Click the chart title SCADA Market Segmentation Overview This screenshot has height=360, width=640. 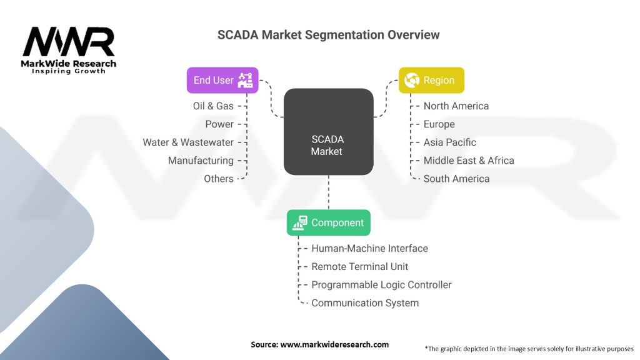coord(328,35)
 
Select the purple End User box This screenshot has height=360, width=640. coord(222,80)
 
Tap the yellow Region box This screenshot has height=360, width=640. coord(432,80)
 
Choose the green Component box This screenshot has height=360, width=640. coord(328,222)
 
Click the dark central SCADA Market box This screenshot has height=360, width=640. coord(328,131)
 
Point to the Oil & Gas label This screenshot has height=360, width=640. coord(213,106)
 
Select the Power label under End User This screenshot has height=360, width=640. coord(219,124)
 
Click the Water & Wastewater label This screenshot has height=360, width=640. coord(188,142)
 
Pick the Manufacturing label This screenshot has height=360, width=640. coord(201,161)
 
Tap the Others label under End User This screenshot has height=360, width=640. coord(219,179)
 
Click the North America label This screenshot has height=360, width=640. coord(456,106)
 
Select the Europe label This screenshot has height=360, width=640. coord(439,124)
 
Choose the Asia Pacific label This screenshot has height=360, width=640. coord(450,142)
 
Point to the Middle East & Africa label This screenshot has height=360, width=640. coord(469,161)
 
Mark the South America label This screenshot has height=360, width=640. coord(457,179)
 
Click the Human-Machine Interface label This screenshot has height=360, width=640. coord(370,249)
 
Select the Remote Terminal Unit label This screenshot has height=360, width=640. coord(360,267)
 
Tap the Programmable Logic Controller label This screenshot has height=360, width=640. coord(381,285)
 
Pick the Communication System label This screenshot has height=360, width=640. coord(365,303)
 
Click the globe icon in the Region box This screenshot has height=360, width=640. coord(411,80)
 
